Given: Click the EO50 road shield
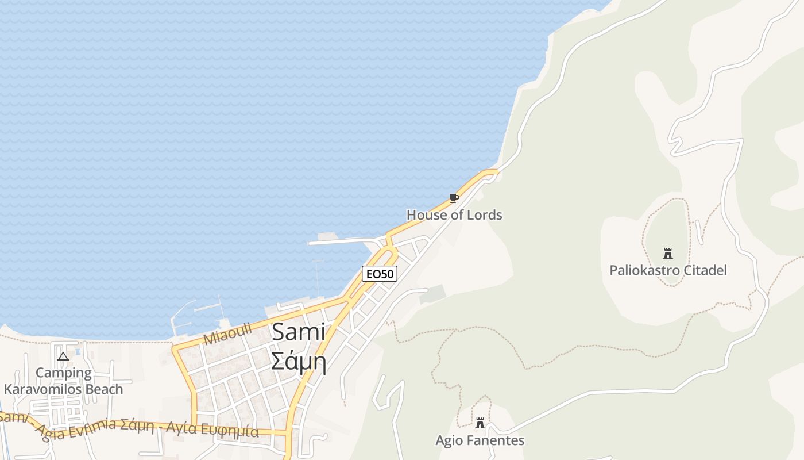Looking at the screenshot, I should [x=380, y=274].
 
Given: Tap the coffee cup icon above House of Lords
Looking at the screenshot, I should [x=454, y=198].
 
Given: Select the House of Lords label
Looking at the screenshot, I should [x=454, y=215].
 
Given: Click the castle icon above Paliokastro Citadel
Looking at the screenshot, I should [x=667, y=253].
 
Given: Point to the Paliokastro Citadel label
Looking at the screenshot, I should [x=668, y=270].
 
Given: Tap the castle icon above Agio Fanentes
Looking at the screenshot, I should [x=480, y=423].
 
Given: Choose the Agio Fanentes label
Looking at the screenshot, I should [x=480, y=440].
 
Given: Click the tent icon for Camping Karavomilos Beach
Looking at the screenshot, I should [x=63, y=356].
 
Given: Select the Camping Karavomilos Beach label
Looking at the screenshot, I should [x=63, y=381].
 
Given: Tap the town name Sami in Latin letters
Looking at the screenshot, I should [x=299, y=332].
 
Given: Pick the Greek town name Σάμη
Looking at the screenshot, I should [x=299, y=362].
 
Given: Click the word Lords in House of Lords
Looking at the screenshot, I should [x=484, y=215].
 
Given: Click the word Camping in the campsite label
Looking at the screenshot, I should [x=63, y=373].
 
